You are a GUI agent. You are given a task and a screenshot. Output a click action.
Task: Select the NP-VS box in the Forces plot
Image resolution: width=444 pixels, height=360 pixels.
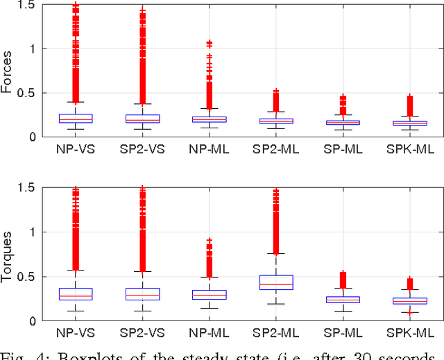tap(76, 119)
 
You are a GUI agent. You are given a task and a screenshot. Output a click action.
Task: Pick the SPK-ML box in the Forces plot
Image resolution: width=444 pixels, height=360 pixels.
tap(410, 123)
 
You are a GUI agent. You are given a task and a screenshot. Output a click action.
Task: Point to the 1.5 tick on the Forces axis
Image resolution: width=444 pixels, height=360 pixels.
tap(28, 5)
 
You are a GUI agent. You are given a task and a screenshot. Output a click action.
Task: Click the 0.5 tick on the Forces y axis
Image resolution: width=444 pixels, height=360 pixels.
tap(28, 93)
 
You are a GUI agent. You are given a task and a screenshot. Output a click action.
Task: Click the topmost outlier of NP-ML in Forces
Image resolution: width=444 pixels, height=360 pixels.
tap(209, 43)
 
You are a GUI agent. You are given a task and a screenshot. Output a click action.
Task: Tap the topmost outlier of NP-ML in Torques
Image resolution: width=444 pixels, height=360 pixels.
tap(209, 241)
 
